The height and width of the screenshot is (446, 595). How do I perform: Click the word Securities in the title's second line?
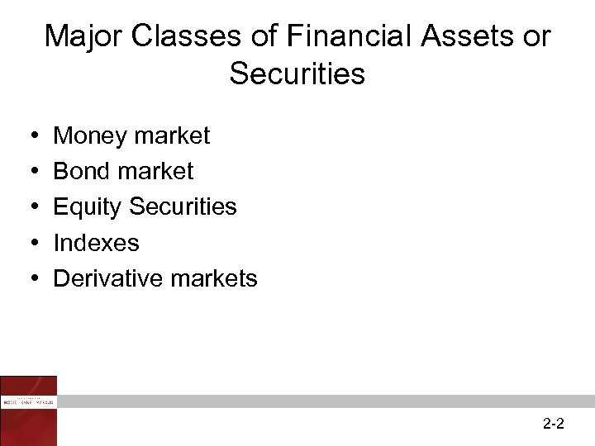[297, 74]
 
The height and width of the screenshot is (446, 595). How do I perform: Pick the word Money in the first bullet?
[88, 135]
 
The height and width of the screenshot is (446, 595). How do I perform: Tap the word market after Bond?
[156, 171]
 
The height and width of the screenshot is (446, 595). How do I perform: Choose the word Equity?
[88, 207]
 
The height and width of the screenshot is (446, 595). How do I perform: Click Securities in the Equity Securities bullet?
[183, 206]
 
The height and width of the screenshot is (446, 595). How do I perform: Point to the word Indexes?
[96, 243]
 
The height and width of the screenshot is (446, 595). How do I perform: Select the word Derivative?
[108, 278]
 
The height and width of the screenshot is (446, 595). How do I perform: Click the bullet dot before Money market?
[30, 136]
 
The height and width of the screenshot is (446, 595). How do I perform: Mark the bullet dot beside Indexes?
[30, 244]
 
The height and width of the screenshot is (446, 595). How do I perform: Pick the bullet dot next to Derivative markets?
[30, 279]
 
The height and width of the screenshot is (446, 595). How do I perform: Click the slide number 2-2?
[554, 425]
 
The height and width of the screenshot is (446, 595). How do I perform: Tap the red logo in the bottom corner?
[29, 410]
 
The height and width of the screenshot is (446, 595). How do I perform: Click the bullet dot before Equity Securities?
[30, 207]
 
